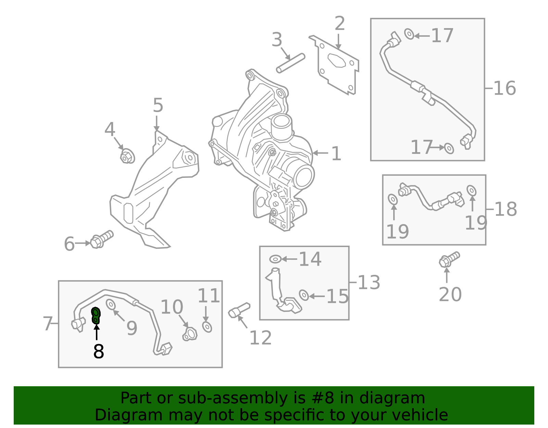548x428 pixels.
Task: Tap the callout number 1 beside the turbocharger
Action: coord(336,154)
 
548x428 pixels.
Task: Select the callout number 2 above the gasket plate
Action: coord(339,24)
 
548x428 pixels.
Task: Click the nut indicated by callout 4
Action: coord(127,157)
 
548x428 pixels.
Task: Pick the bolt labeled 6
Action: coord(102,239)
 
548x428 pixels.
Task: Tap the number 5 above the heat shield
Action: coord(158,105)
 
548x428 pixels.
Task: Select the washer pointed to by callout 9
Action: coord(111,304)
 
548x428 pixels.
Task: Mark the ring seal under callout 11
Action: coord(207,327)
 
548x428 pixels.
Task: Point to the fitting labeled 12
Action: coord(239,310)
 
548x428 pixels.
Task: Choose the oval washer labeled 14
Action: coord(275,259)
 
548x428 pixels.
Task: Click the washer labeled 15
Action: coord(304,295)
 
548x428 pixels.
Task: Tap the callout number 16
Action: coord(505,88)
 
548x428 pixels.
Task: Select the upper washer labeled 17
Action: coord(409,34)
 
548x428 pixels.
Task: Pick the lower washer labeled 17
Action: coord(449,148)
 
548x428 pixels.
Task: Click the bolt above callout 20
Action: coord(449,259)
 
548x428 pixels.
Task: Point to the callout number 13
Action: coord(369,283)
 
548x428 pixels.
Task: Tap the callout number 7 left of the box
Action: coord(48,324)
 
